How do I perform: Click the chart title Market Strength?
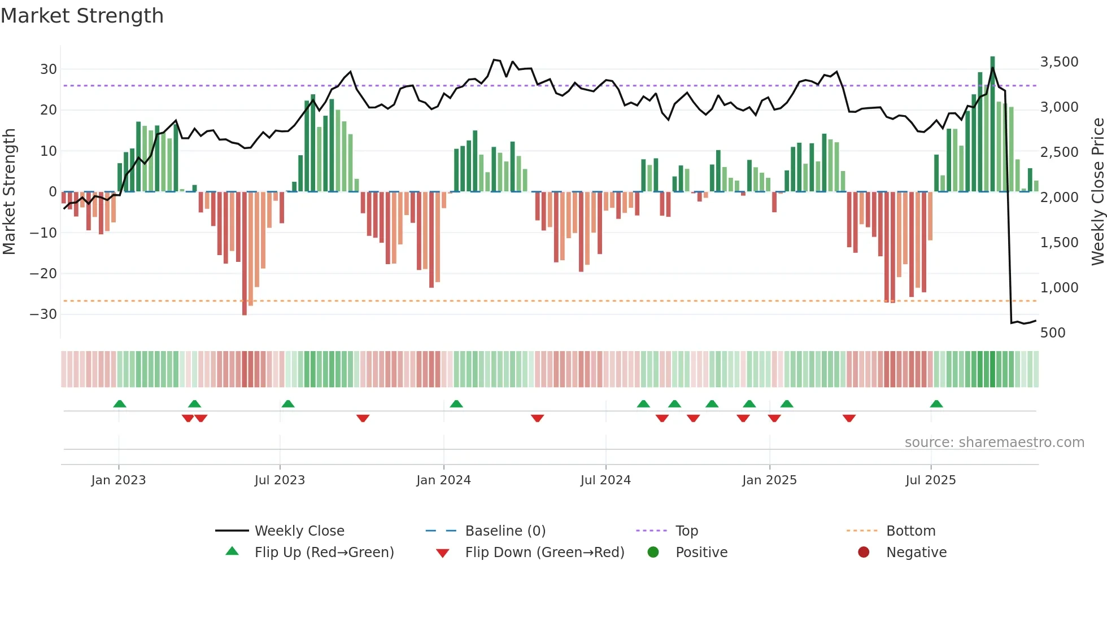pyautogui.click(x=82, y=16)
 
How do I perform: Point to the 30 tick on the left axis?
pyautogui.click(x=49, y=69)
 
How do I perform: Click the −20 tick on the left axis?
pyautogui.click(x=43, y=274)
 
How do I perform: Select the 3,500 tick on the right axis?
pyautogui.click(x=1059, y=62)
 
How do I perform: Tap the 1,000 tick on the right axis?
pyautogui.click(x=1059, y=288)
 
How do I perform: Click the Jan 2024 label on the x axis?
pyautogui.click(x=443, y=480)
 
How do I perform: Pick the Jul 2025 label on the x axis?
pyautogui.click(x=930, y=480)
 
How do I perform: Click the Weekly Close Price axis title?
pyautogui.click(x=1097, y=192)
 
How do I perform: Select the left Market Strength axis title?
pyautogui.click(x=9, y=192)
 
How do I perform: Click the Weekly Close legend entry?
pyautogui.click(x=299, y=531)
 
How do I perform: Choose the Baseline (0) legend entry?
pyautogui.click(x=505, y=531)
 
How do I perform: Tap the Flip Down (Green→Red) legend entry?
pyautogui.click(x=544, y=553)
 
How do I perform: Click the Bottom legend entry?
pyautogui.click(x=910, y=531)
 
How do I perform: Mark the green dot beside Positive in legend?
pyautogui.click(x=653, y=553)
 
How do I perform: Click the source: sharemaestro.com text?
pyautogui.click(x=994, y=443)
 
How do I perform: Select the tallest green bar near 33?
pyautogui.click(x=992, y=124)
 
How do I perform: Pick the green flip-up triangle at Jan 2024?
pyautogui.click(x=456, y=404)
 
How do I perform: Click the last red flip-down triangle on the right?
pyautogui.click(x=849, y=418)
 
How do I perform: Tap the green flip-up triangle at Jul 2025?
pyautogui.click(x=936, y=404)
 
